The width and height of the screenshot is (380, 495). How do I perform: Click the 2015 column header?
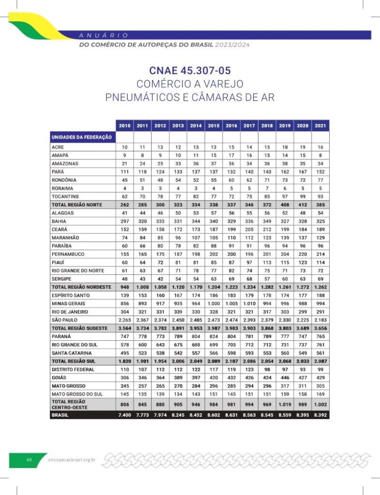[213, 126]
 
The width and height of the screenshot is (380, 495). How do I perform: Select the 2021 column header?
[320, 126]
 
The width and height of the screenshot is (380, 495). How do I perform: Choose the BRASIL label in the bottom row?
[60, 415]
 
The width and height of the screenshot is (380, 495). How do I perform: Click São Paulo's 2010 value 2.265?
[124, 320]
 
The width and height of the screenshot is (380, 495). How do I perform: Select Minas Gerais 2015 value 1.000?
[213, 304]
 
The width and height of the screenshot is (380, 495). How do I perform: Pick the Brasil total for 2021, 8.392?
[320, 415]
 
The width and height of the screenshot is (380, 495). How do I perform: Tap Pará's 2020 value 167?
[303, 172]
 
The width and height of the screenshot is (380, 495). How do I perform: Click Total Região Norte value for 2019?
[285, 205]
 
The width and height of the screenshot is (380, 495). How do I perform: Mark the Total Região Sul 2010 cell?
[124, 361]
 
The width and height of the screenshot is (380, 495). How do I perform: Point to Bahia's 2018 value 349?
[267, 221]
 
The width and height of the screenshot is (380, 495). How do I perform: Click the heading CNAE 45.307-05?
[190, 70]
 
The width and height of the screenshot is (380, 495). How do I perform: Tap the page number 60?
[29, 460]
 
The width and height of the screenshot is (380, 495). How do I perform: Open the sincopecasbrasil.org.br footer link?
[72, 460]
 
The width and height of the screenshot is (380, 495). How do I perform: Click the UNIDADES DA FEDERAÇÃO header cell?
[82, 137]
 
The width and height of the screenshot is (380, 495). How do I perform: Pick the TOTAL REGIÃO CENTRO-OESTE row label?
[69, 404]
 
